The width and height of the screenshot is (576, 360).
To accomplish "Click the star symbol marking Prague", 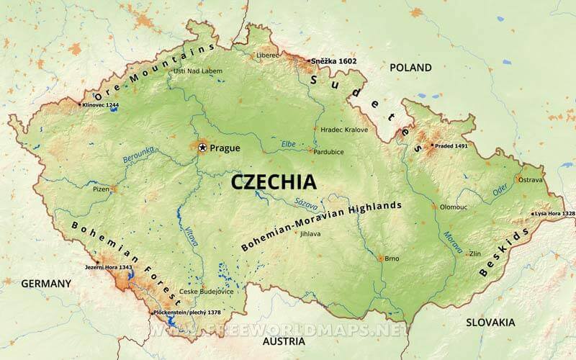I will [x=202, y=148].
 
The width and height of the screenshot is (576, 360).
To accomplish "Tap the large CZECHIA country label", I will [x=273, y=182].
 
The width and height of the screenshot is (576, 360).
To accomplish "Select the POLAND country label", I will [x=410, y=68].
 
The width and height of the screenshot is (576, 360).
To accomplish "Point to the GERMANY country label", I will [x=46, y=283].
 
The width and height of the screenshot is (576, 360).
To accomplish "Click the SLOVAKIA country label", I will [x=490, y=322].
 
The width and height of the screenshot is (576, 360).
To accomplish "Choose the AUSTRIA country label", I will [x=283, y=341].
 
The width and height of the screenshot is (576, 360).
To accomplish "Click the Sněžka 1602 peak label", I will [x=333, y=61].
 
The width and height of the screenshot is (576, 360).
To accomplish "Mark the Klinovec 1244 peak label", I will [x=101, y=105].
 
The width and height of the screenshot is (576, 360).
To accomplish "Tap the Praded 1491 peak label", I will [x=450, y=145].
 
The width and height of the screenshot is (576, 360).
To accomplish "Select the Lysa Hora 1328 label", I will [x=554, y=214].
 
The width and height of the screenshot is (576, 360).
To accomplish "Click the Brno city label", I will [x=392, y=258].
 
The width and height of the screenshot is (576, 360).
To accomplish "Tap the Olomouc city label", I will [x=454, y=207].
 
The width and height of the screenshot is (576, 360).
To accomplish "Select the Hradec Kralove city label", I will [x=344, y=130].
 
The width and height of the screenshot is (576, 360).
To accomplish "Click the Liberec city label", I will [x=266, y=55].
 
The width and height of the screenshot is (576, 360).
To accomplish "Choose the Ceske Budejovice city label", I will [x=206, y=292].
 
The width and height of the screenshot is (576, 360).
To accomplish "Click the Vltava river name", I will [x=192, y=237].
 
